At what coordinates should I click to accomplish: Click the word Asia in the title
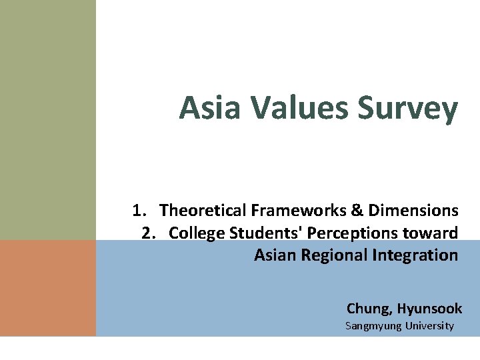(x=209, y=108)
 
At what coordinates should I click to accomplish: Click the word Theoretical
(x=203, y=211)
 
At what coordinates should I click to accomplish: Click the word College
(x=196, y=233)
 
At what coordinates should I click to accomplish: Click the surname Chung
(x=369, y=309)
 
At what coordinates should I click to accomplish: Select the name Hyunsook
(x=429, y=309)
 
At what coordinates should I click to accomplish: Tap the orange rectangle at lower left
(x=48, y=287)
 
